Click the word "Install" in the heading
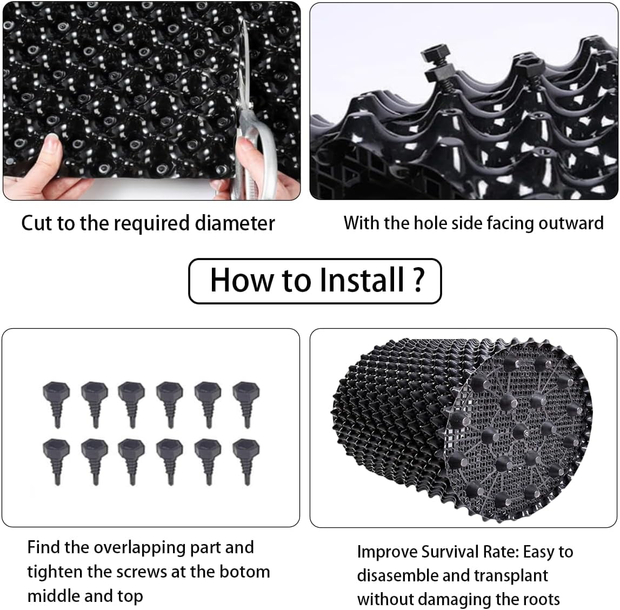pos(362,280)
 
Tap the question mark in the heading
pos(418,280)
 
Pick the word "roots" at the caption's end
pos(539,599)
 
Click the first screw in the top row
pos(56,403)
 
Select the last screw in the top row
pos(246,403)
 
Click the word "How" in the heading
pos(242,280)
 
